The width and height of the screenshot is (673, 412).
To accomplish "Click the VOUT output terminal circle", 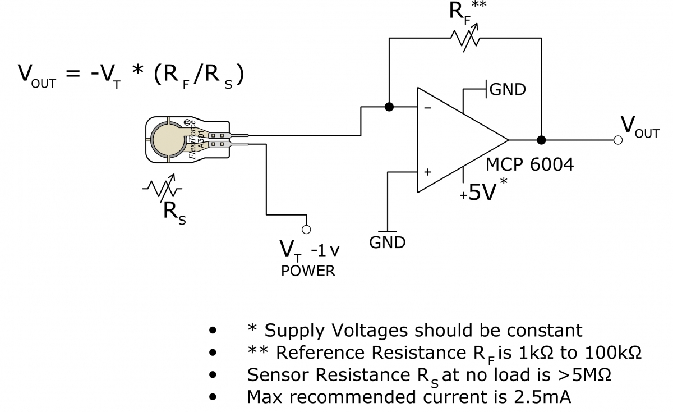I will [x=617, y=140].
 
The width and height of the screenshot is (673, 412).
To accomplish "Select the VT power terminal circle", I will [x=306, y=229].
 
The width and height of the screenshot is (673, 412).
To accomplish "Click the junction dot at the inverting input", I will [x=388, y=107].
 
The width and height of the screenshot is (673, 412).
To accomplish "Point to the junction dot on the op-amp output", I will [x=541, y=140].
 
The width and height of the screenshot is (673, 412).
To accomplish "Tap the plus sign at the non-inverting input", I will [x=427, y=172].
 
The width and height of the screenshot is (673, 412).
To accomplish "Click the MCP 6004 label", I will [x=530, y=166].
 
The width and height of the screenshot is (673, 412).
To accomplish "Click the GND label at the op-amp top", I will [x=508, y=89].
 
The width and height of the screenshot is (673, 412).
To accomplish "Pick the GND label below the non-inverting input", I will [x=387, y=243].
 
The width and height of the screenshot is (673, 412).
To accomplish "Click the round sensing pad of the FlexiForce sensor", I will [x=169, y=140].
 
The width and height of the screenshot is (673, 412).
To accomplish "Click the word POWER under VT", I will [x=308, y=271].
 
